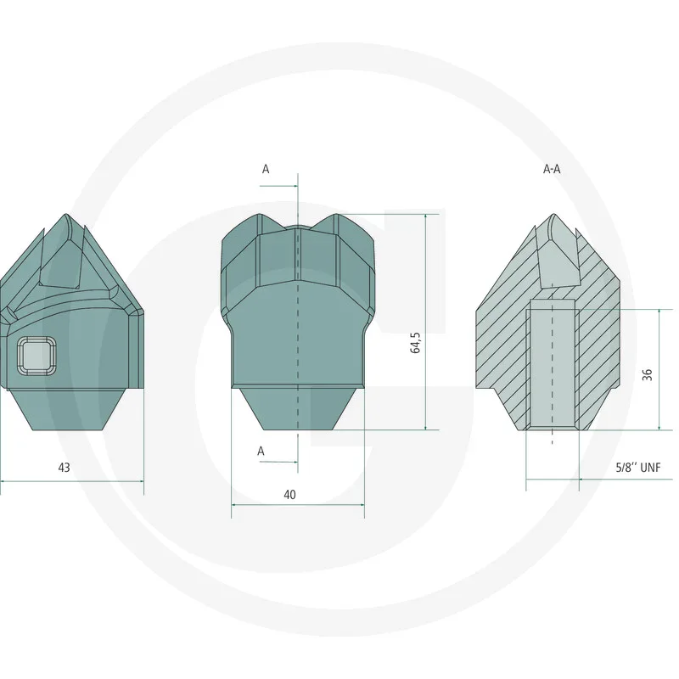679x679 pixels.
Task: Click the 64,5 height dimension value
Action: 415,343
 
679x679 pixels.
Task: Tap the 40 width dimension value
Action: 289,495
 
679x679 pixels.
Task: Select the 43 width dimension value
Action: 64,468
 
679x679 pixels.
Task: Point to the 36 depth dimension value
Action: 647,374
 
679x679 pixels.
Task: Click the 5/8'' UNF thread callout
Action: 638,468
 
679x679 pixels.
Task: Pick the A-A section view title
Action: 552,169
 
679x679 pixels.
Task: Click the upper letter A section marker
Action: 266,169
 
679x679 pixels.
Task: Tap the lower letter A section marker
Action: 261,452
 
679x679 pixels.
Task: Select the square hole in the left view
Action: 36,356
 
